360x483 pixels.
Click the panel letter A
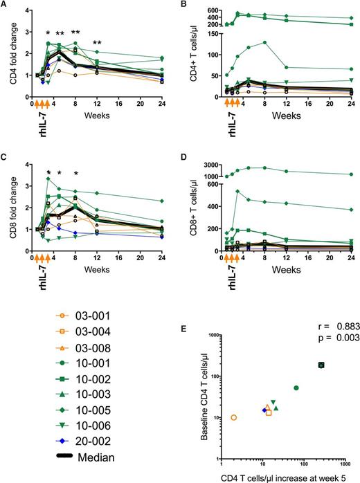(x=5, y=6)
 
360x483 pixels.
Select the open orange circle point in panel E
(x=233, y=417)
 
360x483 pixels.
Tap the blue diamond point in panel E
(x=264, y=410)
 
